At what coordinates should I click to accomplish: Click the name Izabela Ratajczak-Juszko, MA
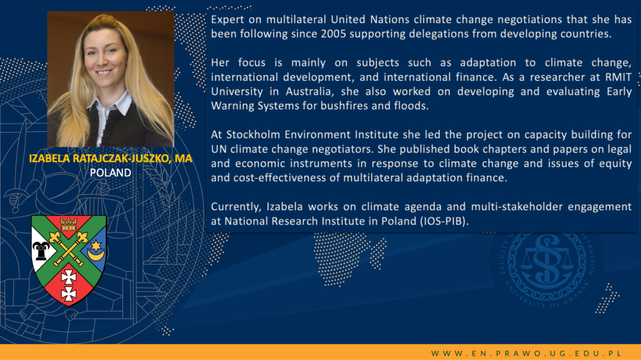(110, 159)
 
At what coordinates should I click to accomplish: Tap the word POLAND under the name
(110, 173)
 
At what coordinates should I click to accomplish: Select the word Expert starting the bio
(228, 20)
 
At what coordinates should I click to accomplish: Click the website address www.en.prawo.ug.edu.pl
(526, 353)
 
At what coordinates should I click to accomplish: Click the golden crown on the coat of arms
(69, 224)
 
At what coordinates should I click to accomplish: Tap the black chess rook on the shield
(40, 250)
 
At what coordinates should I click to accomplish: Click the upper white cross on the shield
(69, 277)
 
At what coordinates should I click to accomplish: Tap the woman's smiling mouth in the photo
(104, 73)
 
